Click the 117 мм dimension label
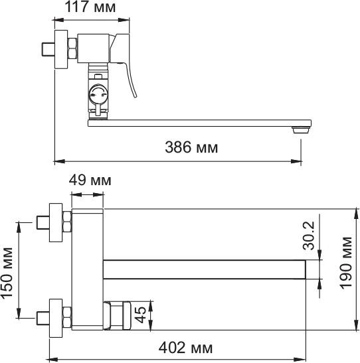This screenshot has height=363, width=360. click(90, 7)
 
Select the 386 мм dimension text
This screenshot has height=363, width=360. click(191, 147)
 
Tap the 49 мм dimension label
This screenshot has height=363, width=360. click(90, 180)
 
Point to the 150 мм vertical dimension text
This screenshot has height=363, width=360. click(7, 273)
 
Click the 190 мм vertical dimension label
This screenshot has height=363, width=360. click(346, 263)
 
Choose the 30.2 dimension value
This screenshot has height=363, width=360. click(309, 236)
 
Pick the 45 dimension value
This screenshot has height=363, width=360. click(141, 315)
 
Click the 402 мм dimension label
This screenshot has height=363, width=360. click(185, 348)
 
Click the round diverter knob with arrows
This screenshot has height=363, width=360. click(98, 94)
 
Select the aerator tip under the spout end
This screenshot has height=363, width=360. click(301, 130)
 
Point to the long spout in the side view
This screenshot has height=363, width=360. click(199, 123)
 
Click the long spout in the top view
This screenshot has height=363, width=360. click(205, 269)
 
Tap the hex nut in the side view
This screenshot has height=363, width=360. click(72, 48)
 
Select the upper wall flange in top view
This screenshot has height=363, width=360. click(56, 222)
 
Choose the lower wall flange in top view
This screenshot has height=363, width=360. click(56, 318)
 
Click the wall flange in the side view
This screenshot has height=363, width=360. click(61, 49)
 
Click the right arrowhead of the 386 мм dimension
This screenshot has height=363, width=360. click(296, 161)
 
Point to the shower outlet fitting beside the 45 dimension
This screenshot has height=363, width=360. click(118, 315)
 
